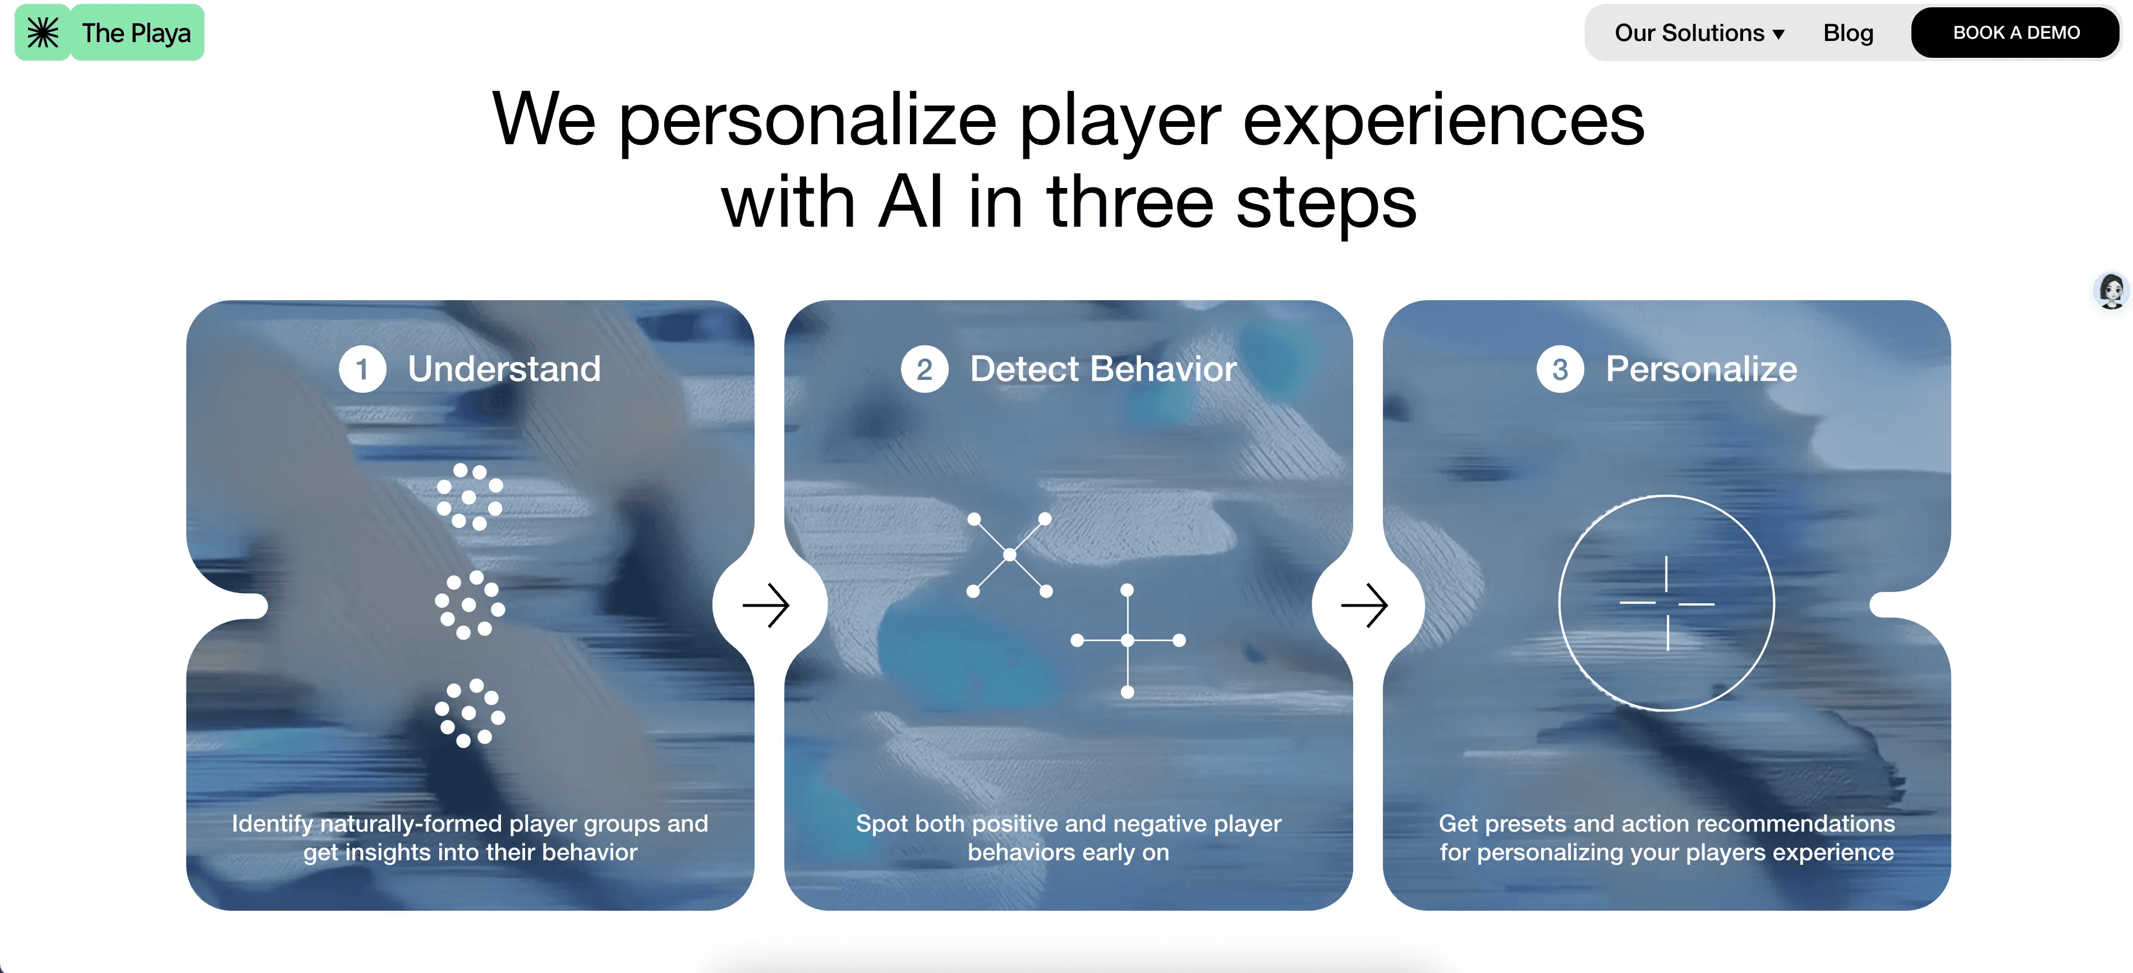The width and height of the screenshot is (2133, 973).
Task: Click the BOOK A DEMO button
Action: pos(2015,33)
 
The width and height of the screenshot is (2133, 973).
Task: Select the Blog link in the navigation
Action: pos(1848,33)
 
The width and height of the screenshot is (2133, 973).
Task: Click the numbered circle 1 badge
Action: pos(362,369)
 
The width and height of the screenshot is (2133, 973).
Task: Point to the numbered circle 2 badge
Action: pos(924,369)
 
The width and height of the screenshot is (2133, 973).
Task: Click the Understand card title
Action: pos(503,369)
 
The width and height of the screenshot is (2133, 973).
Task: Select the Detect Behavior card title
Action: pos(1103,369)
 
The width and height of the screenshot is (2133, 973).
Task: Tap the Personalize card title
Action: pos(1701,369)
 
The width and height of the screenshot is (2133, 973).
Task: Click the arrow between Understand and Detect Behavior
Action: pos(767,605)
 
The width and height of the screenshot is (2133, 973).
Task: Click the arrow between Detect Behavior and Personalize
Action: pos(1364,605)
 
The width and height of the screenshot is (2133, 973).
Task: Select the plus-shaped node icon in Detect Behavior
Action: pos(1127,640)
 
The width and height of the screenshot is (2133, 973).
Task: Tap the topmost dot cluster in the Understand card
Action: pos(470,497)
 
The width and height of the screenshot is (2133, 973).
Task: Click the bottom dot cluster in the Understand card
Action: pos(470,713)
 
